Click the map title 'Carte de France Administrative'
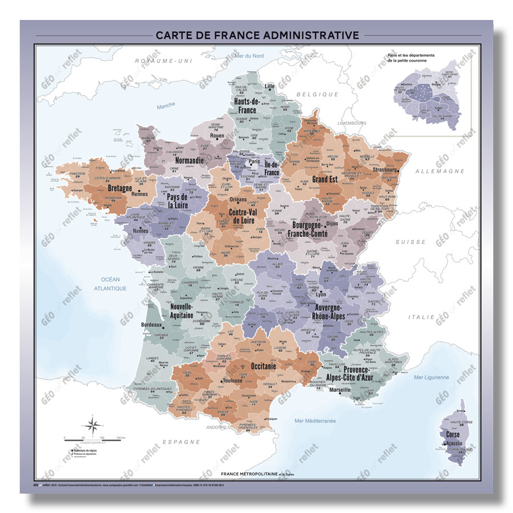tap(257, 35)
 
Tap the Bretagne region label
tap(120, 188)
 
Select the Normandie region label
tap(189, 161)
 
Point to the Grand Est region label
tap(326, 180)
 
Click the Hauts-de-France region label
tap(247, 106)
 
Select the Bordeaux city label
tap(151, 325)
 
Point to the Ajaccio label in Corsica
tap(454, 442)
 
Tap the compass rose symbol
tap(95, 425)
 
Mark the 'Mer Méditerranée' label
tap(315, 421)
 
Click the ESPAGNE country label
tap(181, 442)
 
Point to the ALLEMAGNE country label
tap(439, 171)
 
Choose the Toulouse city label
tap(232, 381)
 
